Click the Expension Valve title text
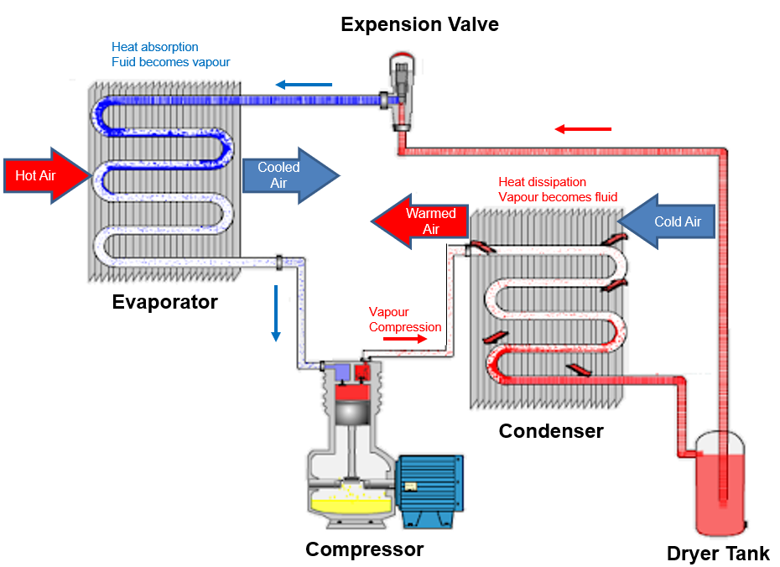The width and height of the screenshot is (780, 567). pyautogui.click(x=419, y=24)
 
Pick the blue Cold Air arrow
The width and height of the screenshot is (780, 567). pyautogui.click(x=666, y=222)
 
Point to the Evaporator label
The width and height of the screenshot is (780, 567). pyautogui.click(x=165, y=303)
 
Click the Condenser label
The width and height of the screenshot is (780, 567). pyautogui.click(x=551, y=431)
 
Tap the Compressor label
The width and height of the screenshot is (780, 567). pyautogui.click(x=364, y=550)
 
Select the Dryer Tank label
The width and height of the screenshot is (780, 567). pyautogui.click(x=718, y=554)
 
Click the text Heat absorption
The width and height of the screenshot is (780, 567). pyautogui.click(x=155, y=47)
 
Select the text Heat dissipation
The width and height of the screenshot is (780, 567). pyautogui.click(x=542, y=182)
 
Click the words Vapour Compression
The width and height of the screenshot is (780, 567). pyautogui.click(x=404, y=320)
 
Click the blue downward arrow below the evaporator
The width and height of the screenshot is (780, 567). pyautogui.click(x=275, y=314)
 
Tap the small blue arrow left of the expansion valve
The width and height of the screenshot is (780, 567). pyautogui.click(x=304, y=84)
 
